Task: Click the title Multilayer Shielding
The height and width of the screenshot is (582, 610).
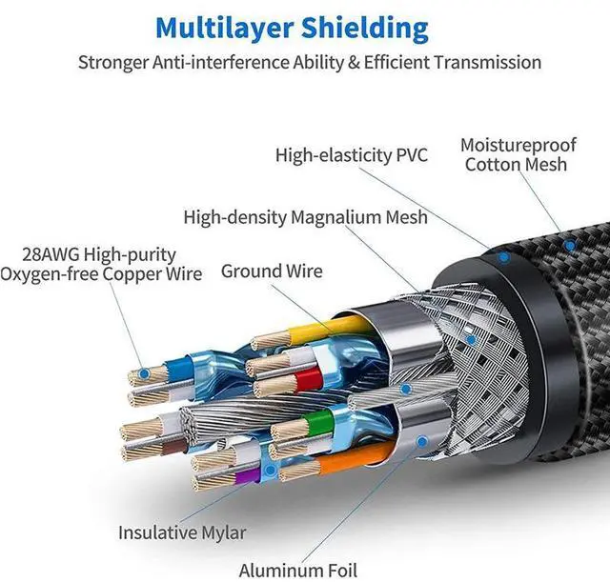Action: pyautogui.click(x=292, y=29)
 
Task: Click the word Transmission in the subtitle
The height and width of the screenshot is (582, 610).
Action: pyautogui.click(x=487, y=62)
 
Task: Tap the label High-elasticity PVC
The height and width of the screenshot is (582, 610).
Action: pyautogui.click(x=352, y=155)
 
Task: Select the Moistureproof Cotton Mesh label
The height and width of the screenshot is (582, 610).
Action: pyautogui.click(x=518, y=154)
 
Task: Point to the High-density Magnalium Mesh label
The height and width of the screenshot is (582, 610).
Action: pyautogui.click(x=305, y=218)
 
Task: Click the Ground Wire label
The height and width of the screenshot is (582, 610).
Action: pyautogui.click(x=272, y=271)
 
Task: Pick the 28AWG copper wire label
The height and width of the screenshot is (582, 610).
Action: pyautogui.click(x=100, y=265)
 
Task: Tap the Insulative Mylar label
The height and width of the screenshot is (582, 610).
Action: pyautogui.click(x=182, y=532)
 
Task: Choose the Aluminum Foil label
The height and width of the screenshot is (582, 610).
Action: pyautogui.click(x=298, y=571)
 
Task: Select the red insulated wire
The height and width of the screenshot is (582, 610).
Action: pyautogui.click(x=308, y=379)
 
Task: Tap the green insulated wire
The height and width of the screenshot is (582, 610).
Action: pyautogui.click(x=320, y=423)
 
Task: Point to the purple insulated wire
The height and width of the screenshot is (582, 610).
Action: pyautogui.click(x=247, y=476)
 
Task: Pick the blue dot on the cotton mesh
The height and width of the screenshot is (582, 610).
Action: pyautogui.click(x=570, y=246)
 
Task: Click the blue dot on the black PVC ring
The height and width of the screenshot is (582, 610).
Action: pyautogui.click(x=504, y=257)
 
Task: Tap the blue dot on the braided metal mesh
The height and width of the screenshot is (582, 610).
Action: pyautogui.click(x=471, y=340)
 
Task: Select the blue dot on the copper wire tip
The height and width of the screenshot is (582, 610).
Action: pyautogui.click(x=144, y=374)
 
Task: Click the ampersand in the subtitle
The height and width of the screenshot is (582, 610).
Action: pyautogui.click(x=354, y=63)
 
